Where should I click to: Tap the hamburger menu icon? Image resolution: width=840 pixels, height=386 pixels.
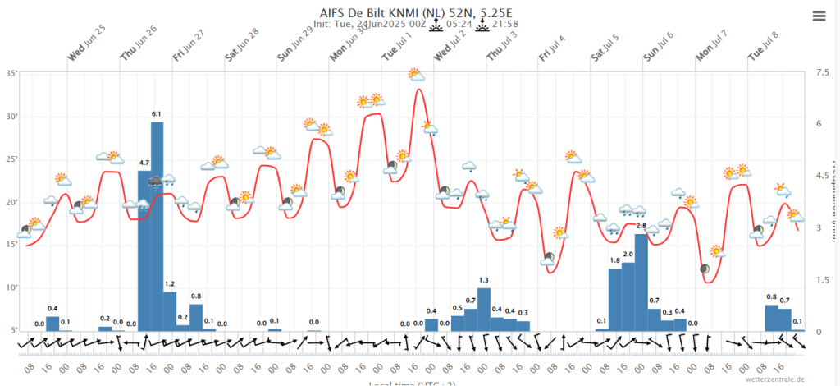tap(819, 16)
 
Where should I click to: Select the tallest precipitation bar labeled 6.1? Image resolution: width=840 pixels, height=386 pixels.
tap(157, 226)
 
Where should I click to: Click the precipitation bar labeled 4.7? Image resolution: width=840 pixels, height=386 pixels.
tap(144, 250)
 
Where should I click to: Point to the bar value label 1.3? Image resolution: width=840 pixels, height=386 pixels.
tap(484, 281)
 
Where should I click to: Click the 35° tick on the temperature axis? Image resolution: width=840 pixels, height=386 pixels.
tap(12, 73)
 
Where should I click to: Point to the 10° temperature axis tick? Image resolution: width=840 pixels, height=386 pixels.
tap(12, 287)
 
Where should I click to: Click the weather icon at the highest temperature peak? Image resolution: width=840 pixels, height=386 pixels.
tap(417, 76)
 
